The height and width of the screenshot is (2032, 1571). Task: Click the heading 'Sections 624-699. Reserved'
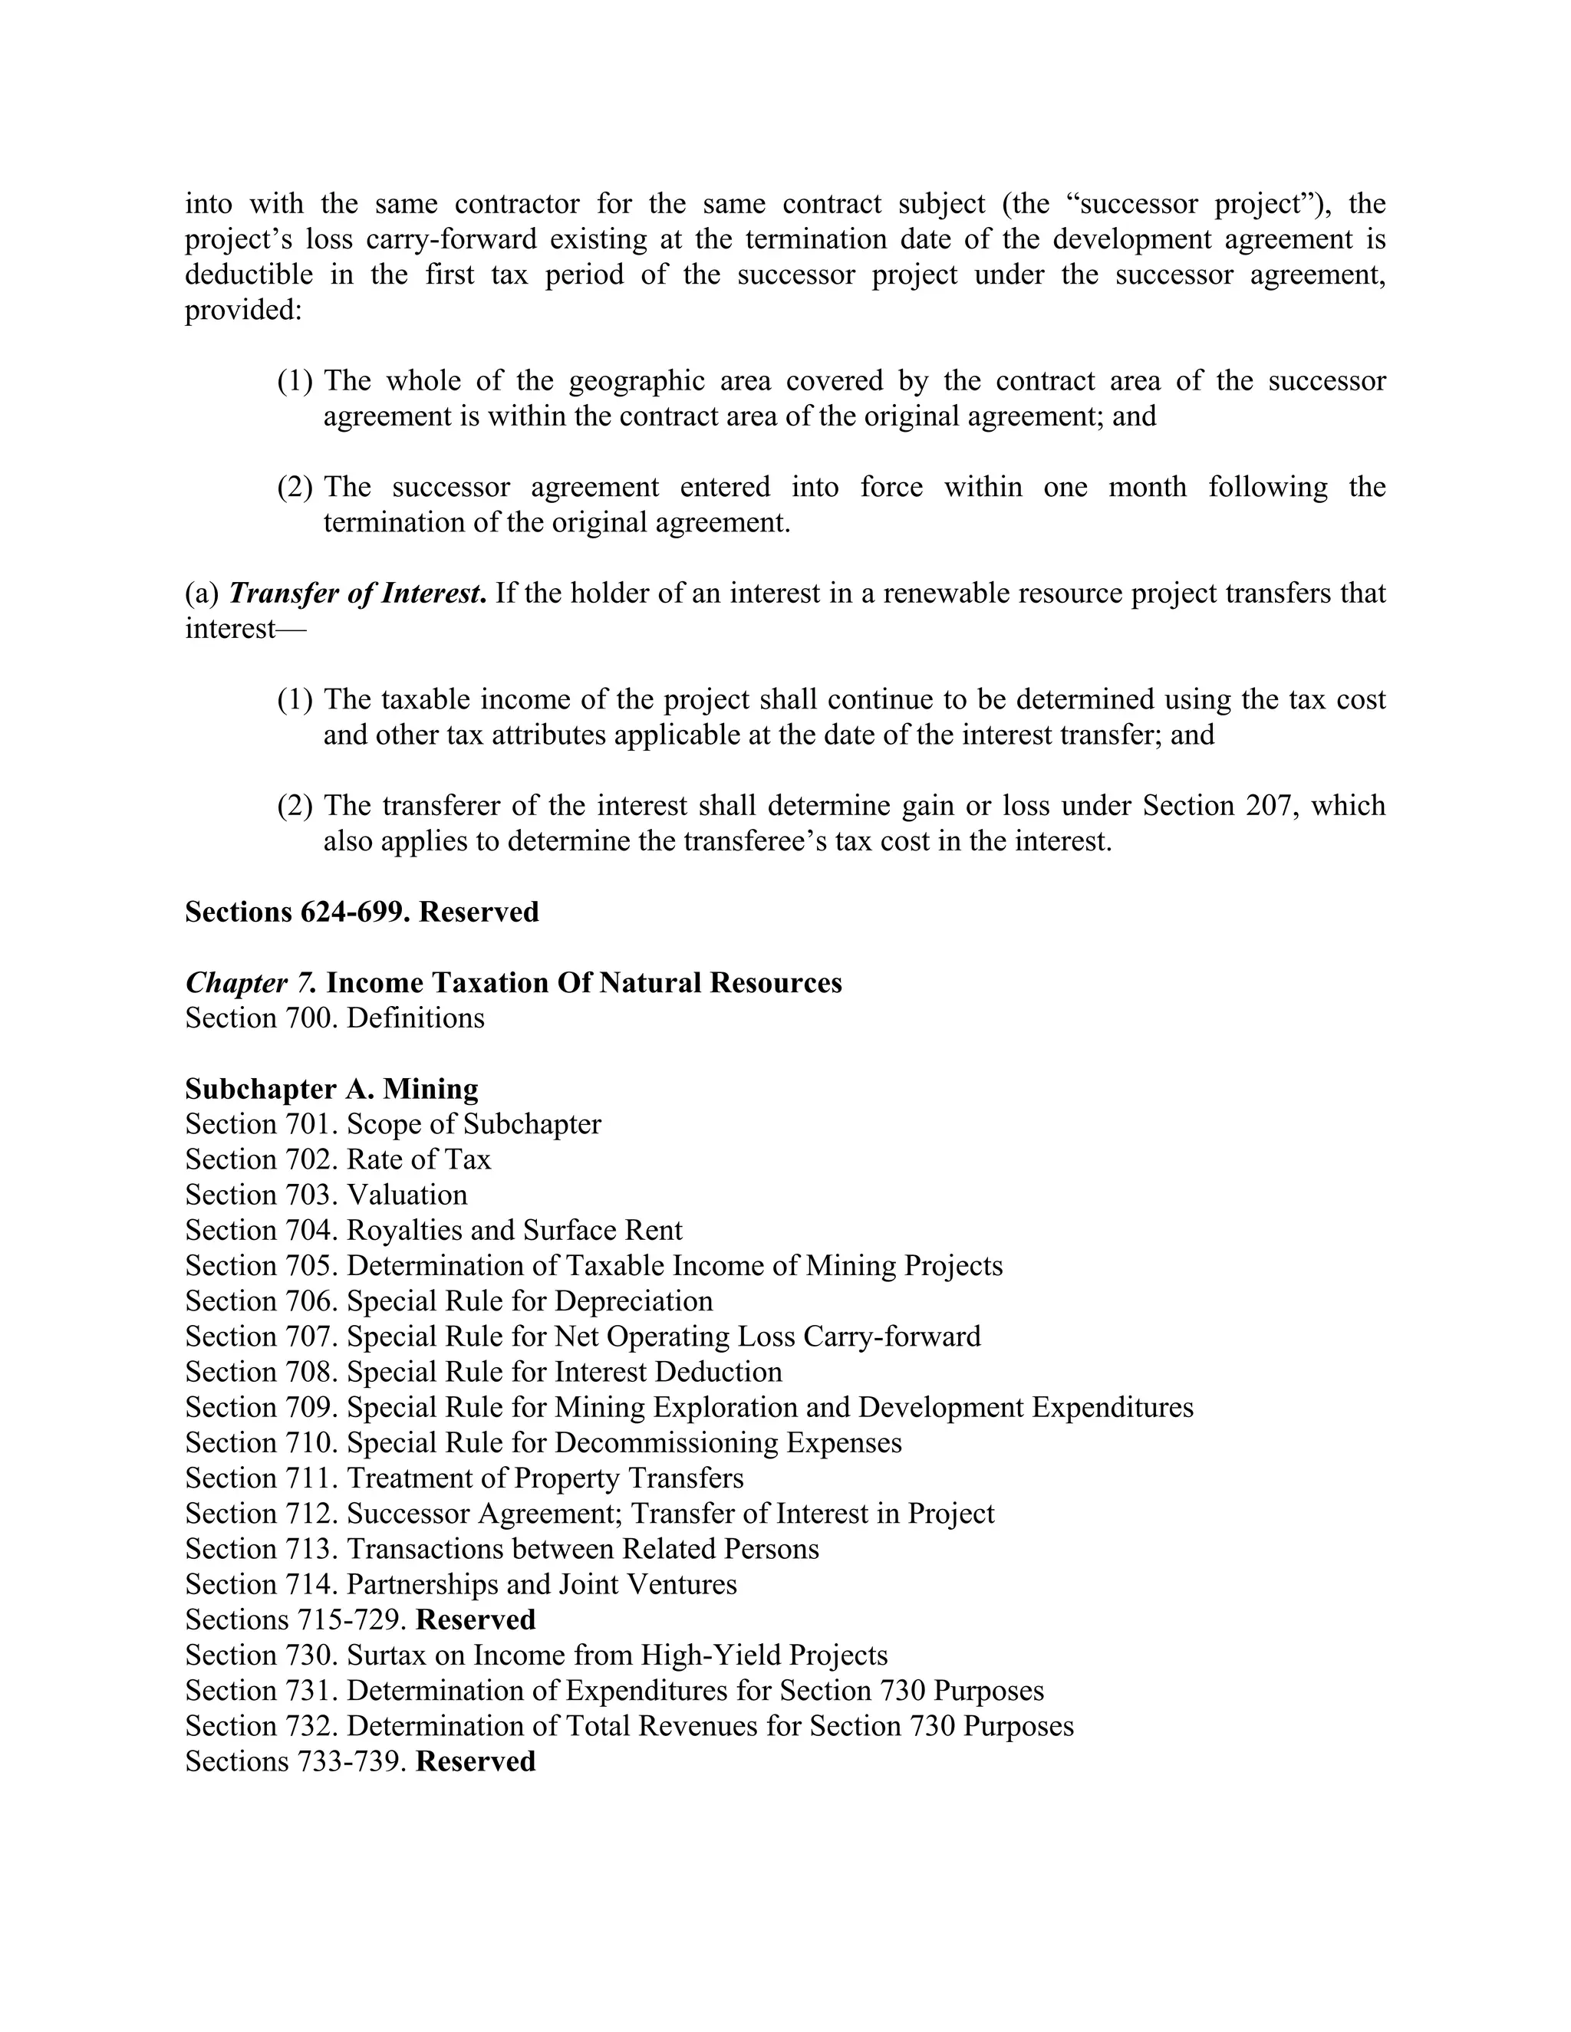point(361,912)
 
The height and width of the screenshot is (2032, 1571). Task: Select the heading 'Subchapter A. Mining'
point(331,1089)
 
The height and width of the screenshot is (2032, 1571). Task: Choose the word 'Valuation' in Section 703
point(407,1195)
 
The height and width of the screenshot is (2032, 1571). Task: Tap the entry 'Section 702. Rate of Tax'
point(337,1159)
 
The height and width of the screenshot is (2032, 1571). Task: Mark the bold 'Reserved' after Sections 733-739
point(476,1761)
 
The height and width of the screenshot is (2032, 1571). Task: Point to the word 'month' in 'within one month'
point(1147,487)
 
